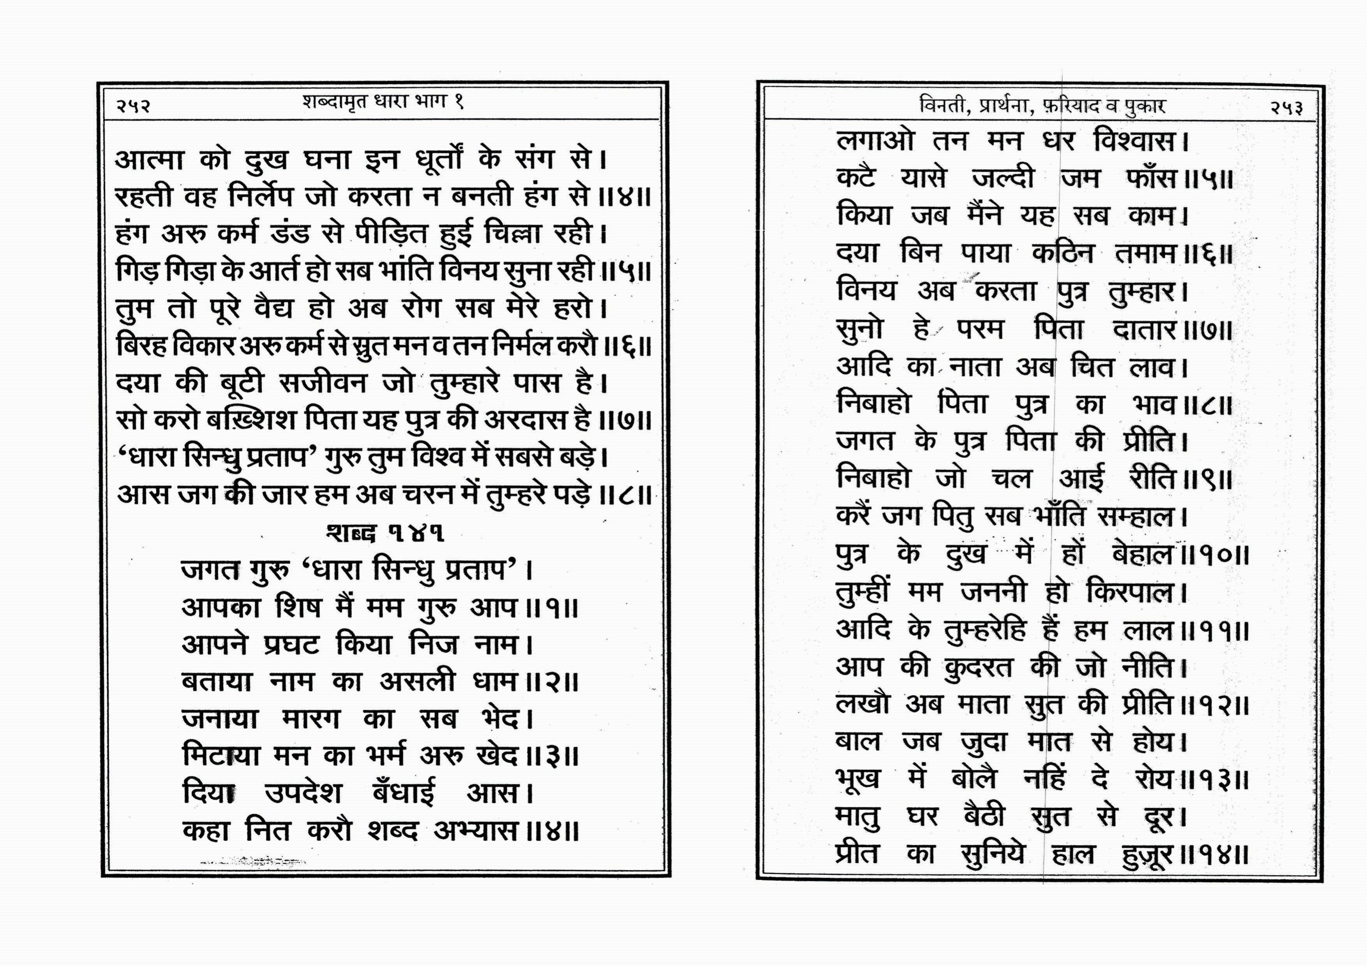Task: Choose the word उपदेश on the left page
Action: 303,793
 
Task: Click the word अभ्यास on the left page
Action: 475,831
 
